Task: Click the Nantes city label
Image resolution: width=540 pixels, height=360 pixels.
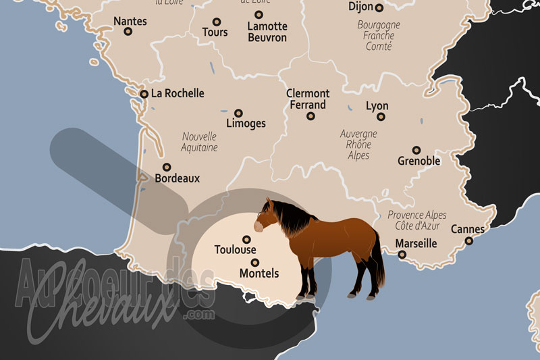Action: pyautogui.click(x=130, y=21)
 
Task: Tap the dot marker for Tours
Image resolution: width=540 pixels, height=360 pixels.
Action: pyautogui.click(x=217, y=22)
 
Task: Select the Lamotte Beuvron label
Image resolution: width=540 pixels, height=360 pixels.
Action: pyautogui.click(x=267, y=32)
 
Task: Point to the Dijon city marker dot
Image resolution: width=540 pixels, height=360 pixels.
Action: pyautogui.click(x=379, y=8)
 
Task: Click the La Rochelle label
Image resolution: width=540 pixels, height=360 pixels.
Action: pyautogui.click(x=178, y=93)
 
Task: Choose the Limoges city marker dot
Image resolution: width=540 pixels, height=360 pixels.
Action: pyautogui.click(x=238, y=113)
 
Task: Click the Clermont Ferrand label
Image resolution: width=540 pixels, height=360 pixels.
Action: pyautogui.click(x=308, y=99)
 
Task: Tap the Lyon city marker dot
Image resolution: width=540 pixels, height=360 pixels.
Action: pyautogui.click(x=381, y=117)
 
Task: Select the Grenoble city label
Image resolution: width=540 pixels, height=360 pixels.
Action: pyautogui.click(x=418, y=161)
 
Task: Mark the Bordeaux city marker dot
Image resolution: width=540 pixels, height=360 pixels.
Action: pyautogui.click(x=167, y=168)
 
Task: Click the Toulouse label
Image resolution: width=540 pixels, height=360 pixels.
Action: pyautogui.click(x=235, y=249)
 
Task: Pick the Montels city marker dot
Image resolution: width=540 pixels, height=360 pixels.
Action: pyautogui.click(x=254, y=262)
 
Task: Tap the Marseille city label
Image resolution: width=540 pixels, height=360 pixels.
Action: pyautogui.click(x=416, y=243)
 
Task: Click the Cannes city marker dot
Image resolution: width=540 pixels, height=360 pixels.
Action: pyautogui.click(x=469, y=240)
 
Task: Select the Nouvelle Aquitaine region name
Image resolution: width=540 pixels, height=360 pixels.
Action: pyautogui.click(x=200, y=141)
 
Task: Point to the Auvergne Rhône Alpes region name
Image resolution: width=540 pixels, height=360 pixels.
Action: pyautogui.click(x=358, y=144)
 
